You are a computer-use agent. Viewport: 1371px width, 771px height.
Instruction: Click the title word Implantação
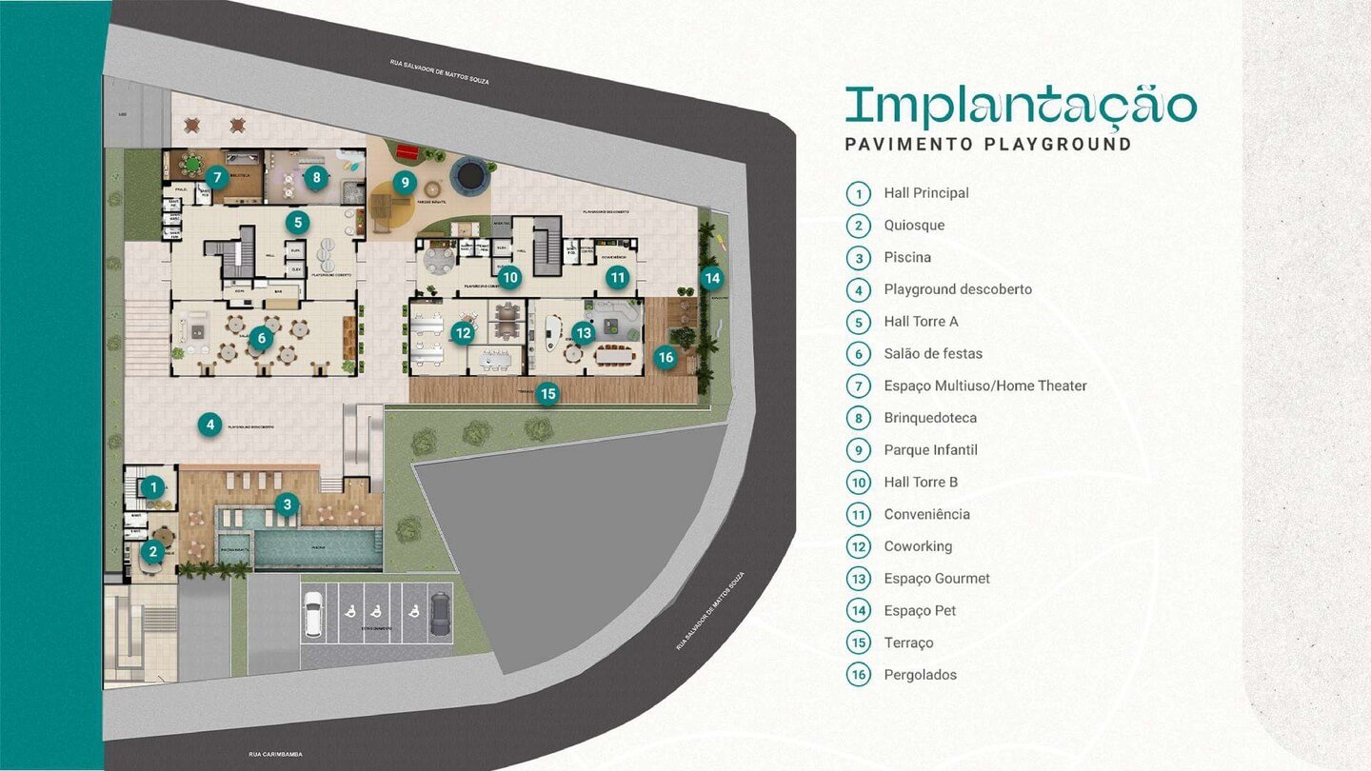1020,107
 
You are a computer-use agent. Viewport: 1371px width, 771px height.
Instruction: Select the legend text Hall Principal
925,193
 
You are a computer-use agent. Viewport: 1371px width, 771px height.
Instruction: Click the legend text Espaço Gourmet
936,579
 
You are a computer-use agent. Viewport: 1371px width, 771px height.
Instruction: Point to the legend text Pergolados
920,675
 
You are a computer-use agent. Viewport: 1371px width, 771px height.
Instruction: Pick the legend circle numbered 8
859,418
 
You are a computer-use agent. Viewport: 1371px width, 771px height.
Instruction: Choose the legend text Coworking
917,546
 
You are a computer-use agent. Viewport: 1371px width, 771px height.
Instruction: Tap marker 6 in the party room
263,338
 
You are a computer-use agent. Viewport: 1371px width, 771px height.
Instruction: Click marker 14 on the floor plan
711,278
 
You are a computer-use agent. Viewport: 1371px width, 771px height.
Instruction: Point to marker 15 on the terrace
546,393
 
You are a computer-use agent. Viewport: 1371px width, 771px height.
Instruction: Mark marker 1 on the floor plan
152,488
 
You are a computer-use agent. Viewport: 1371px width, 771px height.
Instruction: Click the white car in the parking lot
313,614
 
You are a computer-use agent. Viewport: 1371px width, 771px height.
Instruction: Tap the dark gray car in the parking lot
440,614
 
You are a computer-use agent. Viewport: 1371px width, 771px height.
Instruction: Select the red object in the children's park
407,150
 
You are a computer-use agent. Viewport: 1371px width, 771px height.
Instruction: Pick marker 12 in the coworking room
463,333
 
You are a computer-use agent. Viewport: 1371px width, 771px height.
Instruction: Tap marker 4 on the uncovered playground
210,425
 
